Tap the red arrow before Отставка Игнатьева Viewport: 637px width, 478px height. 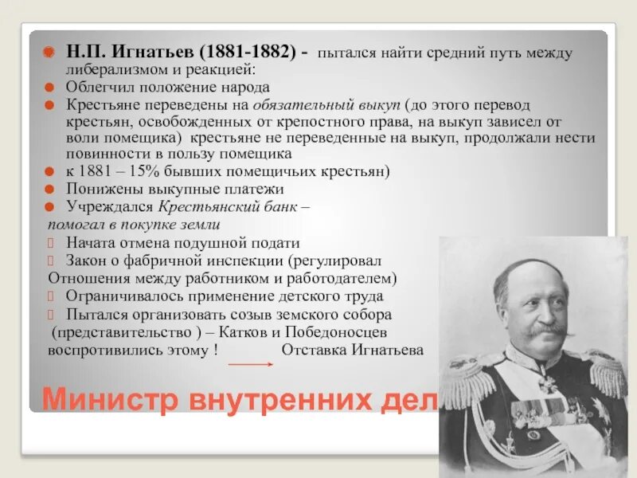coord(250,362)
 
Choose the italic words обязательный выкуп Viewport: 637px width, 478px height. coord(326,104)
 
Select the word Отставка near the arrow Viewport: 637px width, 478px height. coord(311,350)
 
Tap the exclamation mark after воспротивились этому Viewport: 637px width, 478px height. coord(215,350)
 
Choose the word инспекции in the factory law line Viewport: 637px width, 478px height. coord(243,261)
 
